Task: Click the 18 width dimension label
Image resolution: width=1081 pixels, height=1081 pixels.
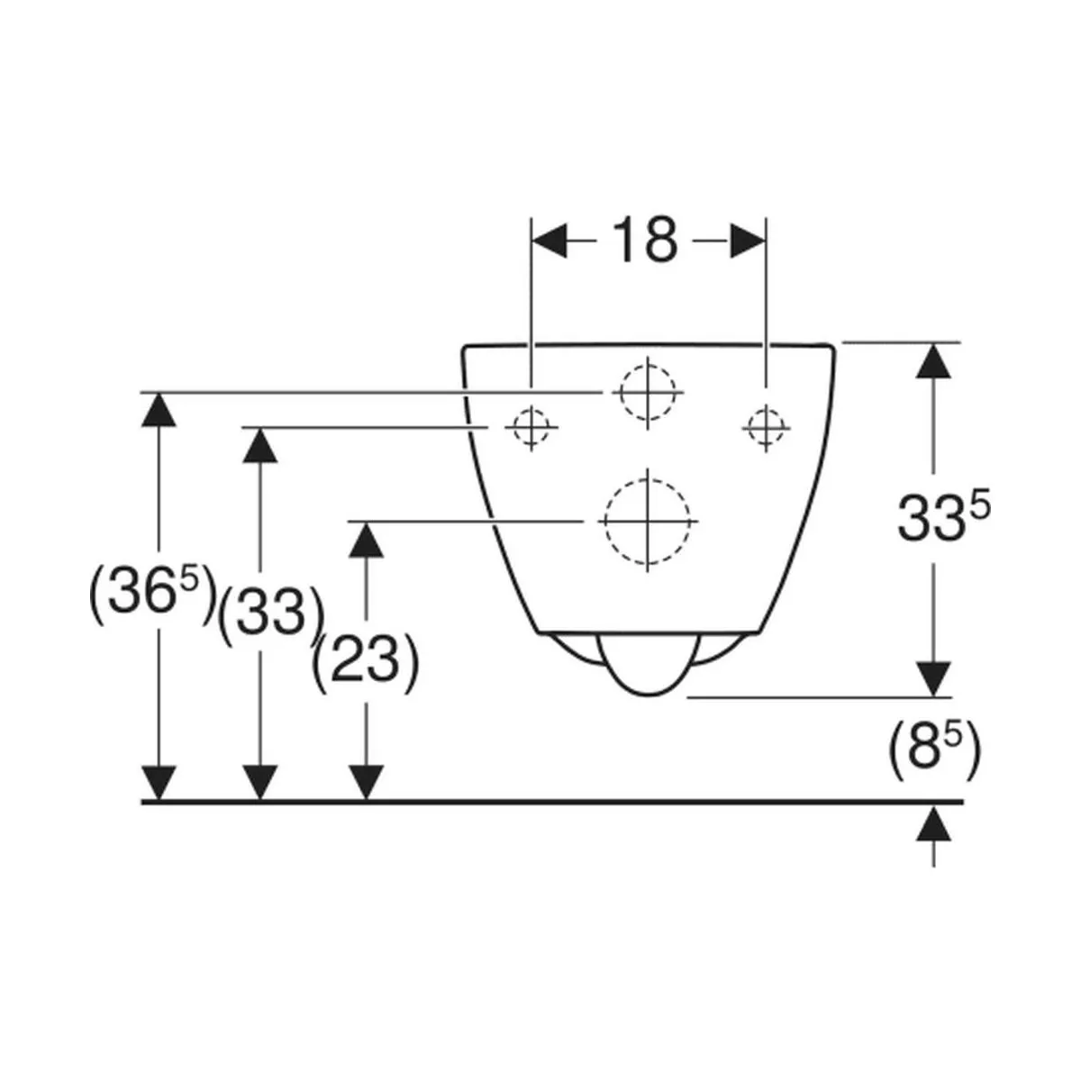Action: [645, 241]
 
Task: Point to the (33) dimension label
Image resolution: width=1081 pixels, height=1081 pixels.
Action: [271, 617]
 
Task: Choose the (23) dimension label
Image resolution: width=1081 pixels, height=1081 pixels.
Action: [365, 662]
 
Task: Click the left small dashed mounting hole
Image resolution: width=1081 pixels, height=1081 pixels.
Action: [531, 428]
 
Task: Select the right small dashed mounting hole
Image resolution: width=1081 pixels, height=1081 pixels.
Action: [767, 428]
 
